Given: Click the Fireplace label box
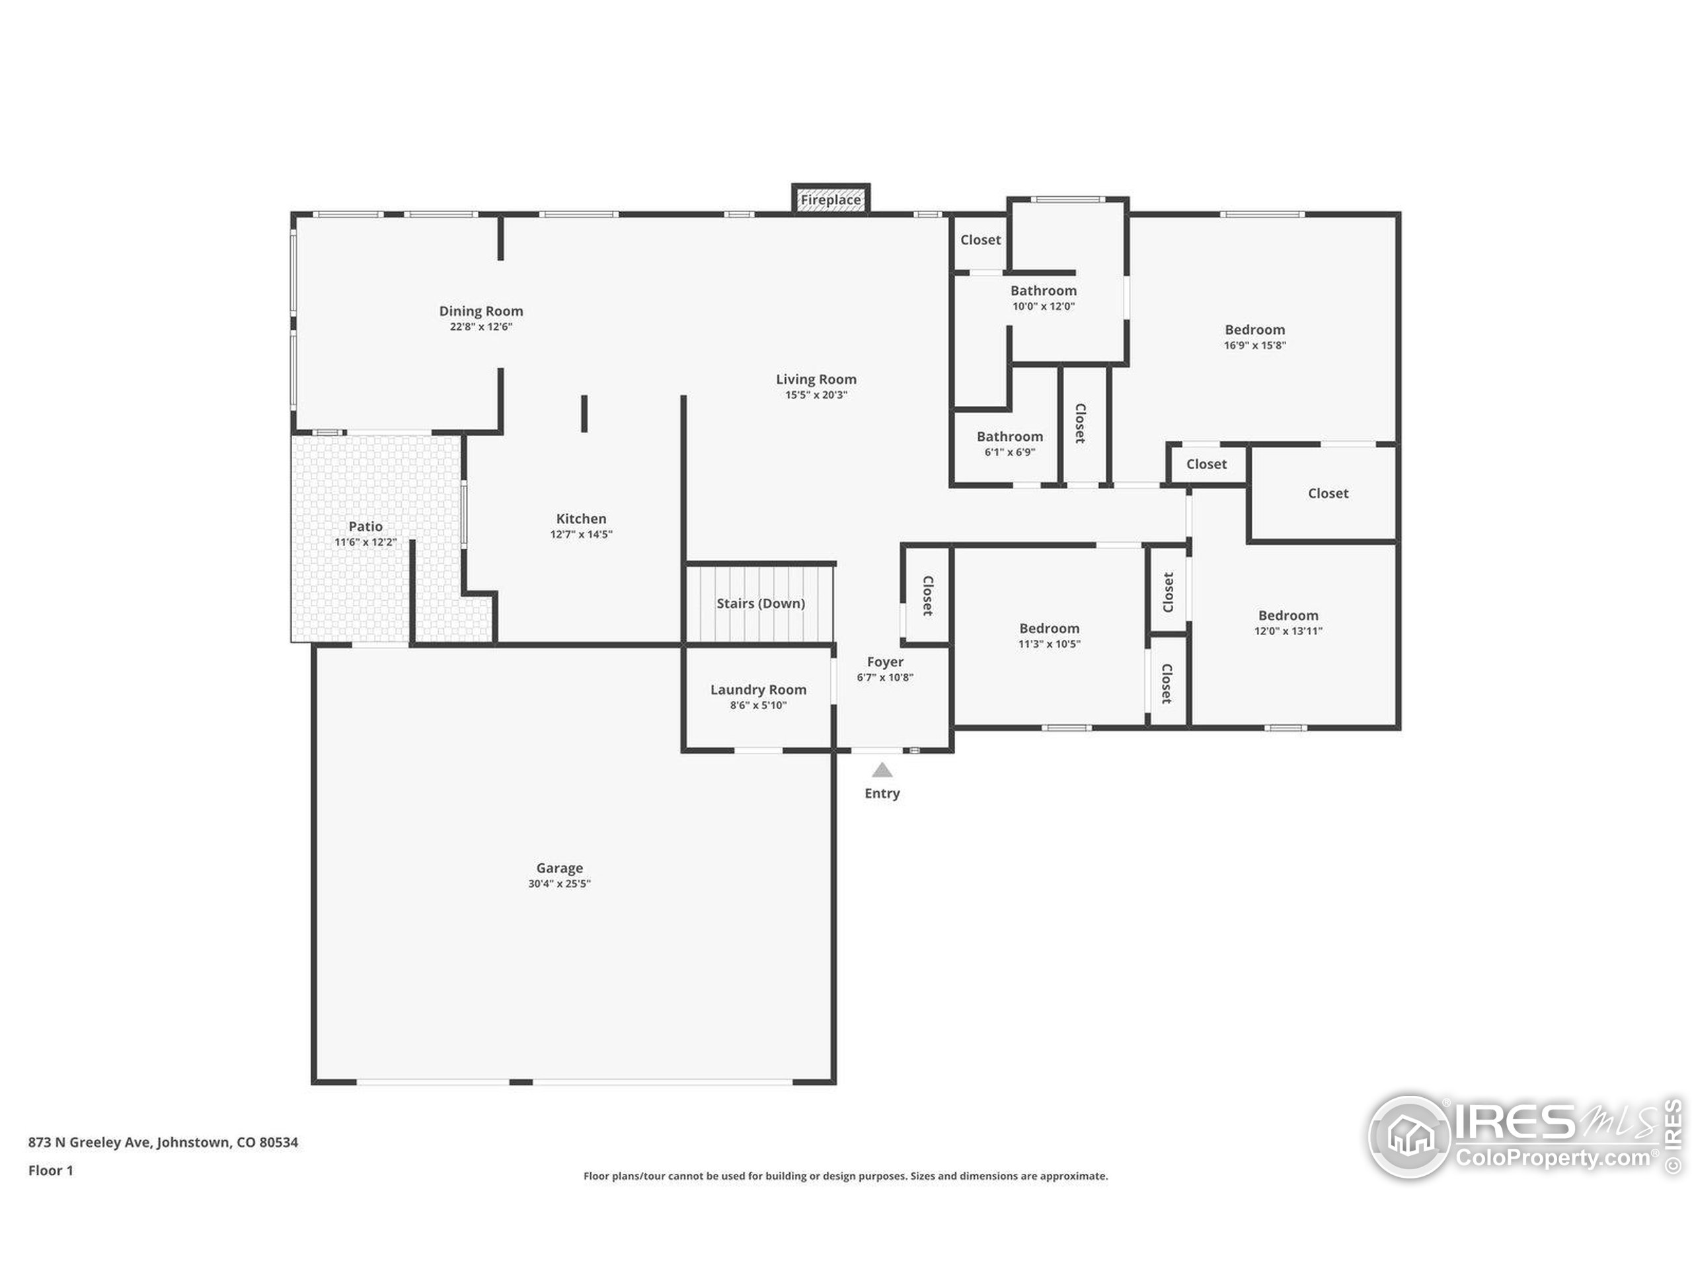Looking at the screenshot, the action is click(x=831, y=200).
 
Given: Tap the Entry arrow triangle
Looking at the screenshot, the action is click(x=882, y=770).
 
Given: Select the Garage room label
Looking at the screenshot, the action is click(x=559, y=868).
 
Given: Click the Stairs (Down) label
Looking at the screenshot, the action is click(x=760, y=603).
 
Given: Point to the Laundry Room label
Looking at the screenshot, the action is click(x=758, y=690).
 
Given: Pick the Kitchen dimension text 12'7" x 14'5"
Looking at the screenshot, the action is click(x=582, y=535).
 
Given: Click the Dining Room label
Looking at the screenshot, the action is click(x=481, y=311).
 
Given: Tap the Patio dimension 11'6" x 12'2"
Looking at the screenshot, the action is click(x=365, y=543).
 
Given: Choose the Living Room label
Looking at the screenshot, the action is click(x=816, y=379).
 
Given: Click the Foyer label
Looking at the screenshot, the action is click(x=885, y=662).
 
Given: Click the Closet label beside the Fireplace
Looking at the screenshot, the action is click(x=981, y=240).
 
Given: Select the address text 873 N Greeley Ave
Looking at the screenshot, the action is click(x=91, y=1143).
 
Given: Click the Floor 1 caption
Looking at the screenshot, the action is click(x=50, y=1171).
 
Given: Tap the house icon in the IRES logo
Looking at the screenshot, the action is click(x=1409, y=1137).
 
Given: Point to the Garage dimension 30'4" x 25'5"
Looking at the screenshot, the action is click(x=559, y=884).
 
